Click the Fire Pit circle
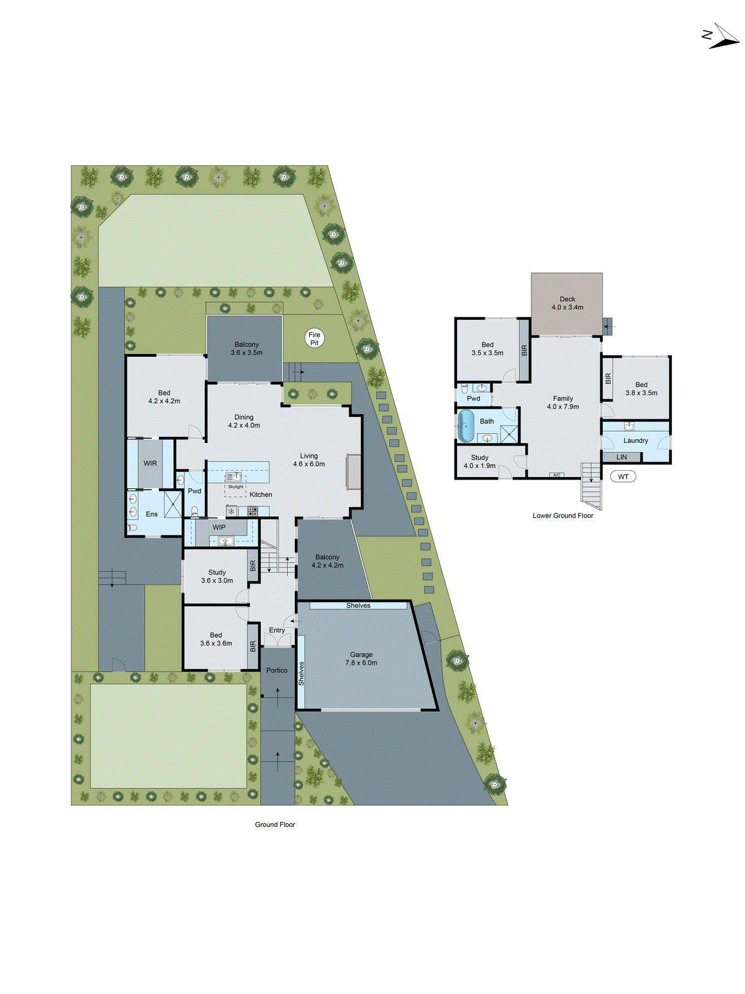pyautogui.click(x=314, y=339)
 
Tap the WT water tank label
pyautogui.click(x=623, y=476)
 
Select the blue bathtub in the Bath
pyautogui.click(x=466, y=426)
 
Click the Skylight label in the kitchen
pyautogui.click(x=236, y=487)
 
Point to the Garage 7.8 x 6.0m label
pyautogui.click(x=361, y=659)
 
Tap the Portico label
pyautogui.click(x=277, y=670)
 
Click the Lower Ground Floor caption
pyautogui.click(x=562, y=516)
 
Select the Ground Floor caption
pyautogui.click(x=275, y=824)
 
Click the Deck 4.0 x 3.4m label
pyautogui.click(x=567, y=303)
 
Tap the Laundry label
pyautogui.click(x=636, y=440)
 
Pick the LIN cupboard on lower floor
pyautogui.click(x=621, y=457)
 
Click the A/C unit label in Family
pyautogui.click(x=556, y=475)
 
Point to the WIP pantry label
pyautogui.click(x=219, y=527)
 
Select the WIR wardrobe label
pyautogui.click(x=150, y=463)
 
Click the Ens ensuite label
pyautogui.click(x=151, y=514)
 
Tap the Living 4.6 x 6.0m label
pyautogui.click(x=309, y=460)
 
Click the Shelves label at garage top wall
pyautogui.click(x=358, y=605)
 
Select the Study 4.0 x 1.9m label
pyautogui.click(x=479, y=462)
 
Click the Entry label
pyautogui.click(x=277, y=630)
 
